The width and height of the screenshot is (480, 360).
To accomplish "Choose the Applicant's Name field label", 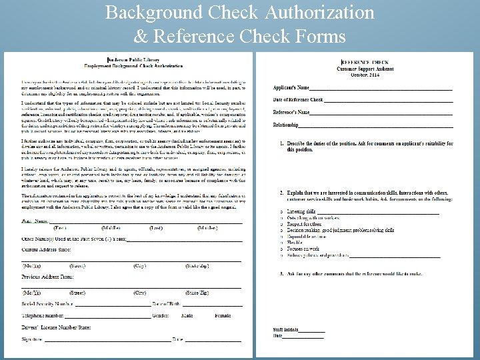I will click(291, 88).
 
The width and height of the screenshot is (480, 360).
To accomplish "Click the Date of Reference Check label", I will click(298, 100).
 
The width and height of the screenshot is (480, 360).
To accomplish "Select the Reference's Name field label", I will click(291, 112).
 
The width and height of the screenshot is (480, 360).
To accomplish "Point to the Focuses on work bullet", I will click(303, 249).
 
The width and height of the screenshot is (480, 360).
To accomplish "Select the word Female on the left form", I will click(223, 315).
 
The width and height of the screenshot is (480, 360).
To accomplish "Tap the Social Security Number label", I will click(48, 304).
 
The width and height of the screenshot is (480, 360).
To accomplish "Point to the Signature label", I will click(33, 339).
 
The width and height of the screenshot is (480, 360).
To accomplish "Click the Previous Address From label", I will click(47, 275).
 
